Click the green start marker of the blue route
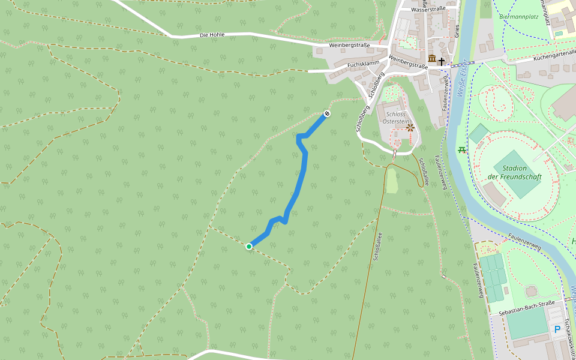click(x=249, y=246)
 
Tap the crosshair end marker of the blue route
click(x=327, y=113)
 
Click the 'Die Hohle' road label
click(x=212, y=35)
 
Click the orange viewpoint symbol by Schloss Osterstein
click(x=410, y=127)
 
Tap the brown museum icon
click(x=432, y=59)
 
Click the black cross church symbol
click(x=442, y=61)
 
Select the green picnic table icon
click(x=461, y=149)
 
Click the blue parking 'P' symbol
click(x=557, y=329)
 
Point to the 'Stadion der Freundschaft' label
click(x=515, y=172)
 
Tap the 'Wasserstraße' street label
click(x=428, y=9)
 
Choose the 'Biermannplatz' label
click(x=518, y=17)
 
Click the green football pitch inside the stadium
click(x=515, y=174)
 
